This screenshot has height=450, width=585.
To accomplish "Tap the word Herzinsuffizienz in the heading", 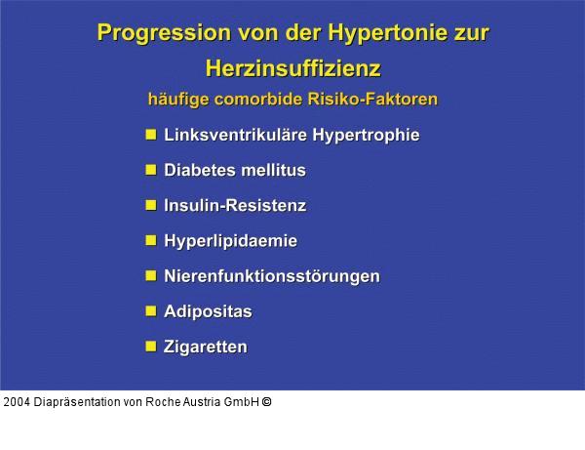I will coord(292,68).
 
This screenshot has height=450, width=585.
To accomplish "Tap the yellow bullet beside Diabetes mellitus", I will coord(151,169).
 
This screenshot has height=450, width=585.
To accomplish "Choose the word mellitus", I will coord(273,170).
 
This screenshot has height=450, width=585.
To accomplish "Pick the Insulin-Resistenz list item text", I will coord(235,205).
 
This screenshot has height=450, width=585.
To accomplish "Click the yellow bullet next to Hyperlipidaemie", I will coord(151,239).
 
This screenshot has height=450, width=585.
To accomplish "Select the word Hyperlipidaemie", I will coord(230,240).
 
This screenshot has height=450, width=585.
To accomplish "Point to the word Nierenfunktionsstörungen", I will coord(272,275).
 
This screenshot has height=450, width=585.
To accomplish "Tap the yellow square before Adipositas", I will coord(151,310).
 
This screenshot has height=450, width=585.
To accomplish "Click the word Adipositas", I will coord(208,311).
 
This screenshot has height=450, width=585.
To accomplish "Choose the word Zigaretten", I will coord(206,347).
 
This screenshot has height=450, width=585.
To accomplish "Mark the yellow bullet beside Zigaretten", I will coord(151,346).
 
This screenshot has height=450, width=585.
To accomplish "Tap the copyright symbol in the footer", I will coord(266,401).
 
